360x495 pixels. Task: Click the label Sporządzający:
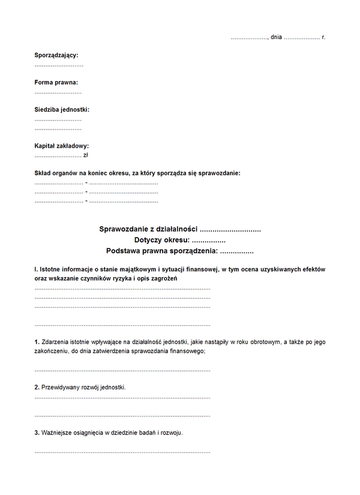coord(56,55)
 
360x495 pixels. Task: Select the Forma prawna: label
coord(56,82)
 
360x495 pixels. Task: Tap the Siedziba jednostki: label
coord(62,110)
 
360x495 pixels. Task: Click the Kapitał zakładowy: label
coord(62,146)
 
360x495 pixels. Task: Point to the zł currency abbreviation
coord(86,155)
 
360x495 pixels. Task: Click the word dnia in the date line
coord(276,37)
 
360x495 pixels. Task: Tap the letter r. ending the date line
coord(323,37)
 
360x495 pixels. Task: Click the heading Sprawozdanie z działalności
coord(148,229)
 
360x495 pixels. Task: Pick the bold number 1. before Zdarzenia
coord(37,342)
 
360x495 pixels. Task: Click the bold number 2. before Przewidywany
coord(37,387)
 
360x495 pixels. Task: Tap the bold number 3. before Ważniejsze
coord(37,432)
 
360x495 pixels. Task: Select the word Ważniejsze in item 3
coord(59,432)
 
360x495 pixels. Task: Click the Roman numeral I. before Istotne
coord(36,269)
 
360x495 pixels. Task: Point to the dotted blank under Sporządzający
coord(59,64)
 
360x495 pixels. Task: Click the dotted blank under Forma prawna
coord(58,92)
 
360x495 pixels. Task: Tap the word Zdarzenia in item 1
coord(56,342)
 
